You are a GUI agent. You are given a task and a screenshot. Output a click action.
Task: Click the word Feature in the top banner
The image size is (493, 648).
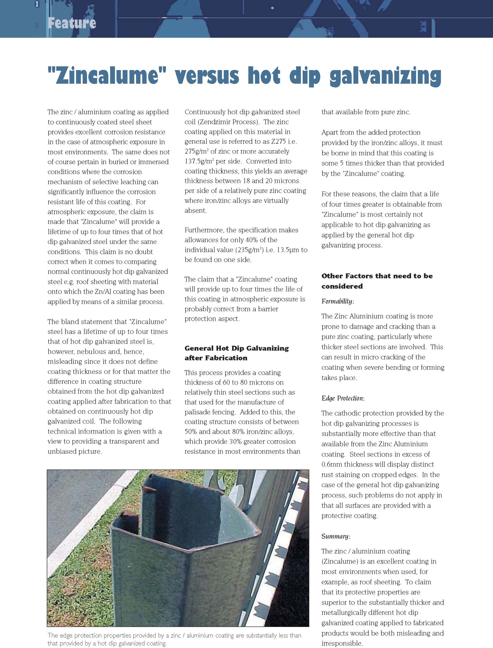point(72,23)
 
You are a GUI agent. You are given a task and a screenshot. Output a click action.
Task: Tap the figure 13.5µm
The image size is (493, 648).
point(288,250)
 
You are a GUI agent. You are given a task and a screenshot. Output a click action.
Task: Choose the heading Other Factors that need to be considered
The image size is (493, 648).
point(377,281)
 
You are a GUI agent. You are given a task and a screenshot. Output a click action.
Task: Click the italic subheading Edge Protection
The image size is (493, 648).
point(343,398)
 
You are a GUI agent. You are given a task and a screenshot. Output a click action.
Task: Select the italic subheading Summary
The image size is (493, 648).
point(335,537)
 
